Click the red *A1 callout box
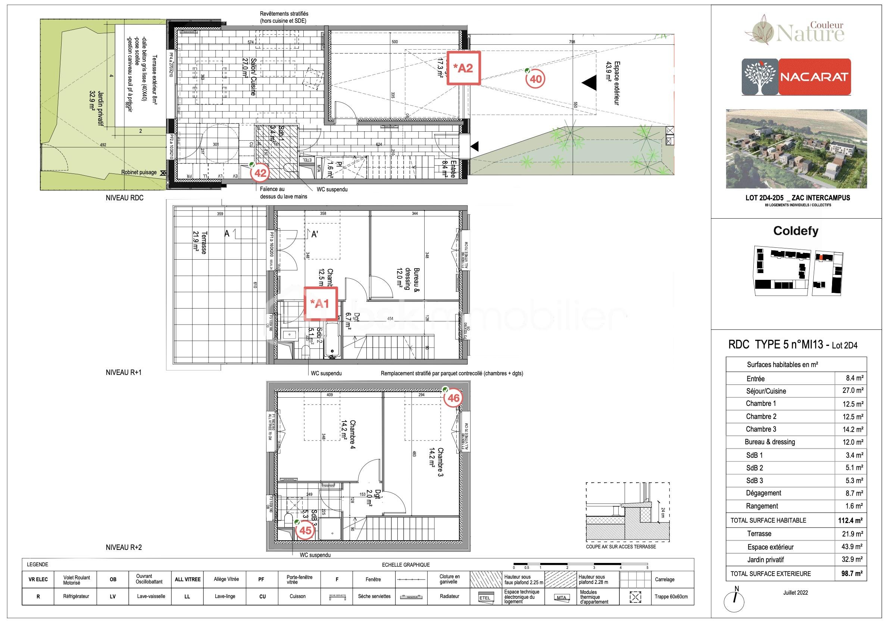[321, 303]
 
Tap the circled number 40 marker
[535, 79]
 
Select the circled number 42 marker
[260, 173]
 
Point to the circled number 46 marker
[453, 398]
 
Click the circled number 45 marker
[306, 530]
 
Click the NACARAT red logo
[815, 77]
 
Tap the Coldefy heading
[796, 231]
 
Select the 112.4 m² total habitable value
[851, 521]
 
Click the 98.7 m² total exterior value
[851, 573]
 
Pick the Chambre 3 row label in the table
[761, 429]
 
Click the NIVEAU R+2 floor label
[124, 548]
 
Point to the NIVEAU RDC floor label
[125, 198]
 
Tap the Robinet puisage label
[139, 172]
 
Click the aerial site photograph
[796, 148]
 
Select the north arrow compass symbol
[734, 601]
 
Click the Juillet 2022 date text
[795, 592]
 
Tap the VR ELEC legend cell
[38, 579]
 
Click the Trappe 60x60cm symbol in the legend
[635, 597]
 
